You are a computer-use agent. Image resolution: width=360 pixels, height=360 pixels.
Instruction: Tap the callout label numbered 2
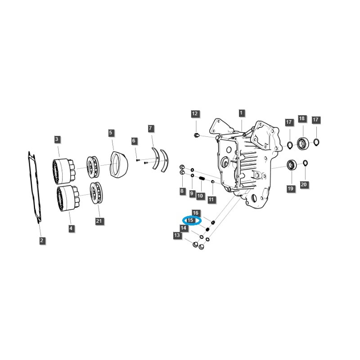click(x=41, y=241)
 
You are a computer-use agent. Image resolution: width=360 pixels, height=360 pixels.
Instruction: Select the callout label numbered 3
click(x=57, y=139)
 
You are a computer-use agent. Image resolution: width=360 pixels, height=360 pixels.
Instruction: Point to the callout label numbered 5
click(x=111, y=133)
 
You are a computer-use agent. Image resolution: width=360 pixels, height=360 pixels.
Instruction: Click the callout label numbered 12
click(x=195, y=114)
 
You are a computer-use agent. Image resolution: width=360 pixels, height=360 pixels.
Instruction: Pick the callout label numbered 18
click(x=301, y=119)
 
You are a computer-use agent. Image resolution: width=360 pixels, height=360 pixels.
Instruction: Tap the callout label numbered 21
click(x=99, y=220)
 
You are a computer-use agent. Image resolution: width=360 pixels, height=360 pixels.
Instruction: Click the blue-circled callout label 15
click(x=191, y=220)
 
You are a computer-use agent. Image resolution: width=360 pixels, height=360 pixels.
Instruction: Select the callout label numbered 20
click(x=303, y=184)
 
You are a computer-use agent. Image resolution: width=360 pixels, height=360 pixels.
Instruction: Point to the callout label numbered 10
click(x=200, y=196)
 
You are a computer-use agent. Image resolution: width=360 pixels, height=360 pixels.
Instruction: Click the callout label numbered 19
click(x=291, y=188)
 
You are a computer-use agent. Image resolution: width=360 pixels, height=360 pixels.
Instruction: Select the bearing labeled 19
click(x=291, y=165)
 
